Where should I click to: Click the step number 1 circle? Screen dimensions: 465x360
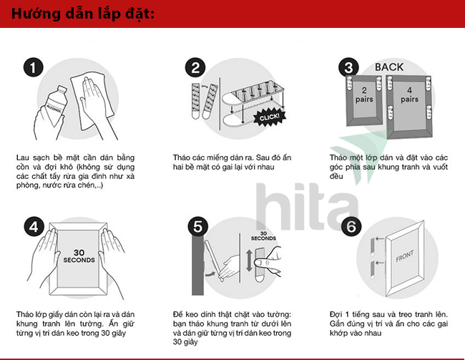click(33, 67)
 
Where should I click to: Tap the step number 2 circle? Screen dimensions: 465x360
click(195, 68)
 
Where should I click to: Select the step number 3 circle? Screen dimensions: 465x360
click(349, 67)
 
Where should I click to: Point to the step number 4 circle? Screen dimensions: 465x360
click(34, 227)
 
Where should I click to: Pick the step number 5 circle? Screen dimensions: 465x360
click(197, 227)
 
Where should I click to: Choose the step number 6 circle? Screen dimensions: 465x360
click(351, 227)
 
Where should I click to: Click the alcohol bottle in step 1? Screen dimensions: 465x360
click(56, 106)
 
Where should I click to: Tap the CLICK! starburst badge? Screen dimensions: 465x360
click(269, 117)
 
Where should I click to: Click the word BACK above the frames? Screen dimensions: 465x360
click(389, 67)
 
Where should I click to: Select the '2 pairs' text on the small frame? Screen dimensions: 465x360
click(364, 94)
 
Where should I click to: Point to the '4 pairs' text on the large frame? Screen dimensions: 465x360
click(409, 94)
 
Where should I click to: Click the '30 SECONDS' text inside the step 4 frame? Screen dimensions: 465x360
click(79, 256)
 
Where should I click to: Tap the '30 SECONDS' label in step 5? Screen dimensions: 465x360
click(263, 236)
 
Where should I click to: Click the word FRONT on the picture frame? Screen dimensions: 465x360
click(405, 256)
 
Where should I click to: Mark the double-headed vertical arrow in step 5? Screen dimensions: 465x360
click(249, 261)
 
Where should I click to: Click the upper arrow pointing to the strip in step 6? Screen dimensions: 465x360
click(380, 238)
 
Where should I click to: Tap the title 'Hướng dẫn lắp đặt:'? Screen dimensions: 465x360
click(83, 14)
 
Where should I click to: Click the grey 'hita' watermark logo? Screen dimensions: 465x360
click(307, 207)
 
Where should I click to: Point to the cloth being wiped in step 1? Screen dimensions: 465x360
click(92, 102)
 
